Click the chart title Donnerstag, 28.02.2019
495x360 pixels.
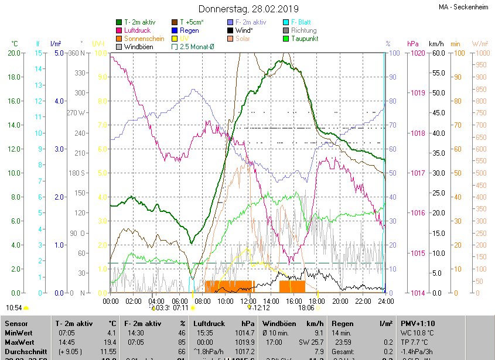pos(248,9)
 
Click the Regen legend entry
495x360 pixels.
pos(189,30)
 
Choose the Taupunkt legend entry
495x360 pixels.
pos(303,39)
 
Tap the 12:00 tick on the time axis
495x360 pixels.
pos(248,301)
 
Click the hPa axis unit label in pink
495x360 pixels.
pos(412,44)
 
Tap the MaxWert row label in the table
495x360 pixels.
pos(20,342)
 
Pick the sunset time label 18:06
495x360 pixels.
pos(306,307)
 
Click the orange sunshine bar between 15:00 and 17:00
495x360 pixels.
pos(292,286)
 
